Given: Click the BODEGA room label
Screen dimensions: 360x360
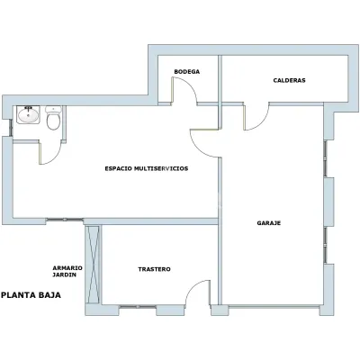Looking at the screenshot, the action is [186, 72].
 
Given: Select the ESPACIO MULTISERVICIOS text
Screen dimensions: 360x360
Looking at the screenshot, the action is [147, 168].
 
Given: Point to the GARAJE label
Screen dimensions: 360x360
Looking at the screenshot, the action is [269, 223].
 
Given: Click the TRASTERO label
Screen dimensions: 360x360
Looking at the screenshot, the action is [154, 269].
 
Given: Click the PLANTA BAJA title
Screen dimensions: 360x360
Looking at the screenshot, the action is [31, 295].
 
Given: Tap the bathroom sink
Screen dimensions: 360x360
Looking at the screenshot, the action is [28, 114].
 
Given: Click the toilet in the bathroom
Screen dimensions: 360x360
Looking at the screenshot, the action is [53, 118].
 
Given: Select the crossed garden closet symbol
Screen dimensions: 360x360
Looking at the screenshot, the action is [93, 265].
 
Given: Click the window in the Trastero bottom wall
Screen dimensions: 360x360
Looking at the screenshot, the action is [138, 307].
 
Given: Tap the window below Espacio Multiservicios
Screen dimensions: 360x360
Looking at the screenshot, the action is [65, 220].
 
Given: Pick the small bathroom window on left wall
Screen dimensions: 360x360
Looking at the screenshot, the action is [11, 128].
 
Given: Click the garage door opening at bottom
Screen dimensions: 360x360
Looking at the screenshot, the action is [274, 307].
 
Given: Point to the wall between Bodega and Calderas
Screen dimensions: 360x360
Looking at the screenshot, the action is [220, 78].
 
